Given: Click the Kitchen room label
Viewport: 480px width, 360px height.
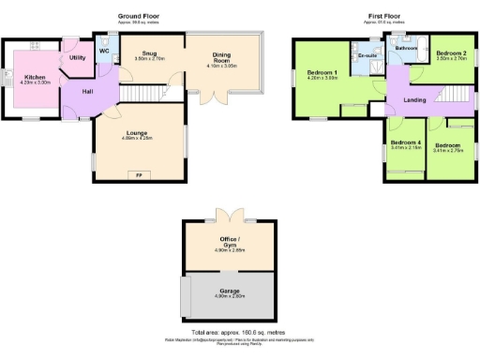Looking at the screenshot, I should [x=35, y=77].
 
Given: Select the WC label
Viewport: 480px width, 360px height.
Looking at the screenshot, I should [x=104, y=51].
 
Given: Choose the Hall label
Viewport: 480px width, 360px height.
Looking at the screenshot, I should [x=87, y=91].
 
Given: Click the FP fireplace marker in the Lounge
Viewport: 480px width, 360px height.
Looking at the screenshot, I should [x=139, y=174].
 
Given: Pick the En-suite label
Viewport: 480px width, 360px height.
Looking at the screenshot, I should [x=367, y=56].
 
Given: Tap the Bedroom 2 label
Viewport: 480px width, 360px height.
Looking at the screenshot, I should [x=451, y=53].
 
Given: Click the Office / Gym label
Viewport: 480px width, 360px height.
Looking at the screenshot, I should [x=231, y=247].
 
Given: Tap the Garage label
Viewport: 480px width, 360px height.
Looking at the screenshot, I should [x=231, y=292].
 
